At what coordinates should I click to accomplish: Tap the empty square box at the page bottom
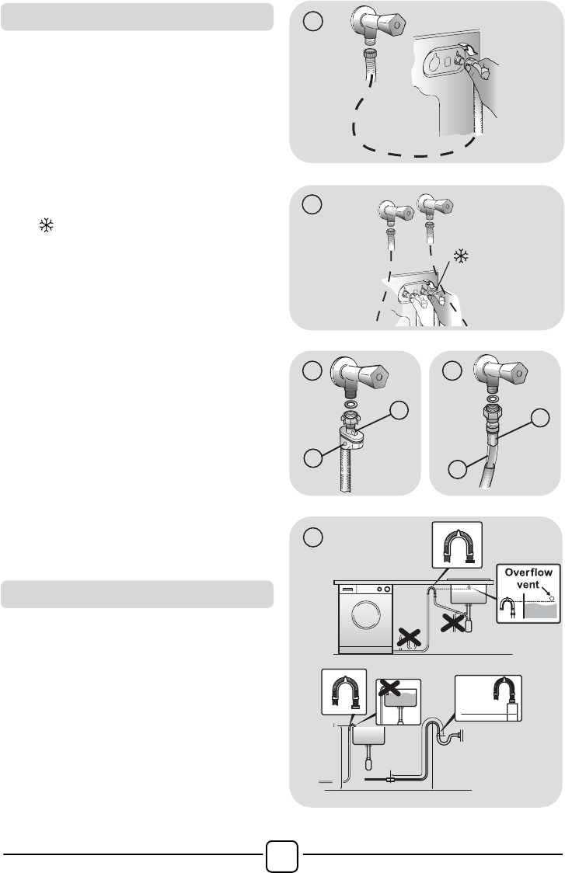click(x=282, y=856)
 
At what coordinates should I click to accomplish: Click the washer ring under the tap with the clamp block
click(x=351, y=405)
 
